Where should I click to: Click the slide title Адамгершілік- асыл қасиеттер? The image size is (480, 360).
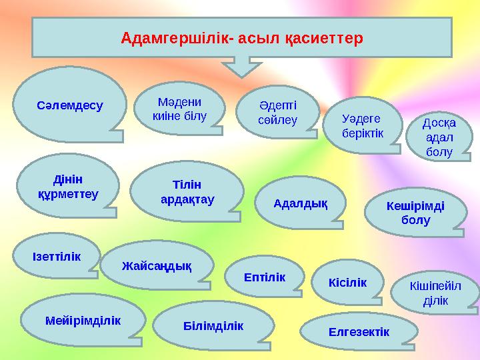click(x=242, y=38)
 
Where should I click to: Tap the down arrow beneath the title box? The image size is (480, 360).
click(x=242, y=65)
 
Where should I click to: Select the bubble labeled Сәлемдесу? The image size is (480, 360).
click(x=70, y=105)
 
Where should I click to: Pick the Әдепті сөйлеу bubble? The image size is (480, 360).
click(x=277, y=112)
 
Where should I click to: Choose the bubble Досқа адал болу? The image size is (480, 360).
click(x=438, y=138)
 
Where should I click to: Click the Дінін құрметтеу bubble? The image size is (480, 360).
click(x=67, y=187)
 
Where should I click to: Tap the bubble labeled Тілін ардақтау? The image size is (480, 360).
click(x=187, y=191)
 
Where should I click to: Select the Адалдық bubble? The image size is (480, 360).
click(x=301, y=202)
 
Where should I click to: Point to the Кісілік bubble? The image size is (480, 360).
click(x=347, y=282)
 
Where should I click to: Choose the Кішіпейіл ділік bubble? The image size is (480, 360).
click(x=435, y=293)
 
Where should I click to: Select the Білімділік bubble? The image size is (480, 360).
click(x=213, y=326)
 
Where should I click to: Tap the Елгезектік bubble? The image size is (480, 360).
click(x=359, y=331)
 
